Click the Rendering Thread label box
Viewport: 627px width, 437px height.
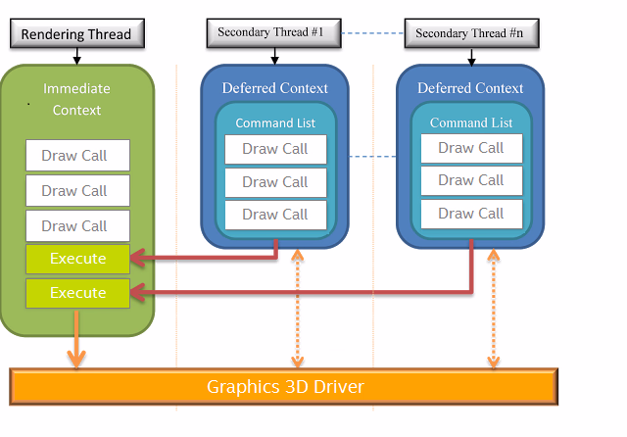(76, 35)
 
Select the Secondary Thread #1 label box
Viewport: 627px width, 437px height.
(274, 32)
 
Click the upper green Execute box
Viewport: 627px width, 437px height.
(77, 259)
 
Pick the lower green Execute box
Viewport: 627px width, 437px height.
(77, 293)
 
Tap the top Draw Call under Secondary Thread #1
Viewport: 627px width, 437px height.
(274, 149)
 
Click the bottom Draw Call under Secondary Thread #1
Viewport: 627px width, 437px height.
(274, 215)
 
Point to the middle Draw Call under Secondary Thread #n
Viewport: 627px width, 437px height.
(471, 180)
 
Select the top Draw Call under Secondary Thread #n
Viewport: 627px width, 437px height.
(471, 148)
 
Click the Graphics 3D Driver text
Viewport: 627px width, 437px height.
(285, 387)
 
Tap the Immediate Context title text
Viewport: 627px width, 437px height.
(77, 99)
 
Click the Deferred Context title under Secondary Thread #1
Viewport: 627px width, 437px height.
(275, 88)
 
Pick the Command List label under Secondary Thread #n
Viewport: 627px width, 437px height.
(471, 122)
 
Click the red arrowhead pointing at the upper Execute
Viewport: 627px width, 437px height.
(140, 259)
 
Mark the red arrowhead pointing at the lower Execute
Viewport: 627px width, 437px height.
(140, 291)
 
